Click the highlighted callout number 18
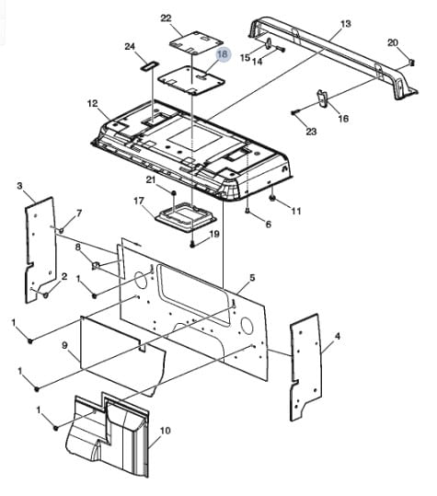point(223,54)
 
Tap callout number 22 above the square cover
point(166,18)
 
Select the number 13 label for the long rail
point(346,24)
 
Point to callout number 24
point(130,47)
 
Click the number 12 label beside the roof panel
point(93,103)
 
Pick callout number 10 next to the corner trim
point(166,431)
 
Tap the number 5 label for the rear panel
point(252,278)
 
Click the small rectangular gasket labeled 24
point(150,65)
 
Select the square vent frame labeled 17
point(185,216)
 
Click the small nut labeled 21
point(173,192)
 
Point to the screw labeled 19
point(192,244)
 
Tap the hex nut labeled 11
point(272,198)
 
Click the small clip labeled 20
point(411,63)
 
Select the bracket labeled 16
point(323,98)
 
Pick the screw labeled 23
point(294,112)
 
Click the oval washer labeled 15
point(268,44)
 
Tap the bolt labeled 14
point(281,49)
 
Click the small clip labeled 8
point(96,265)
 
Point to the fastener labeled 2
point(45,295)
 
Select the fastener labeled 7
point(61,230)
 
